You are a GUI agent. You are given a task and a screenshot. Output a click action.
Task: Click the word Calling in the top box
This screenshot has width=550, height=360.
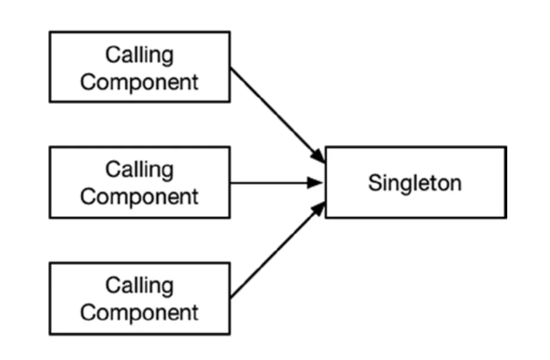tap(140, 55)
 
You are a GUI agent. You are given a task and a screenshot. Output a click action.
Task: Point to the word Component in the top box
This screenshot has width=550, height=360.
tap(140, 81)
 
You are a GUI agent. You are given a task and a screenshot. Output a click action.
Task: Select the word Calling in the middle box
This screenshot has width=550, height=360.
tap(140, 170)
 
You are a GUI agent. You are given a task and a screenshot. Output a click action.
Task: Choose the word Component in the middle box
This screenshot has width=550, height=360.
tap(140, 196)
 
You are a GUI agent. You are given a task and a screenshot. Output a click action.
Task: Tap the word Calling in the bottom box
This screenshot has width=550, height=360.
tap(140, 286)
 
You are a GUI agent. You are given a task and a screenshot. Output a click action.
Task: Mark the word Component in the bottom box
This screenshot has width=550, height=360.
tap(140, 312)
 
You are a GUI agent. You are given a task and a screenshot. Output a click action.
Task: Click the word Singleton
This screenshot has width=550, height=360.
tap(415, 183)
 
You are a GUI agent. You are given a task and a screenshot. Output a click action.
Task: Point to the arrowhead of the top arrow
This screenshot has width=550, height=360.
tap(320, 157)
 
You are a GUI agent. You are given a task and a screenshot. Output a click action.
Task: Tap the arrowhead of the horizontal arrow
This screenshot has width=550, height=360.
tap(316, 183)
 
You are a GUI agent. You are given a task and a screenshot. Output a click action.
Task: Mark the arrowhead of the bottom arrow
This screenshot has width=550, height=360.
tap(320, 208)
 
